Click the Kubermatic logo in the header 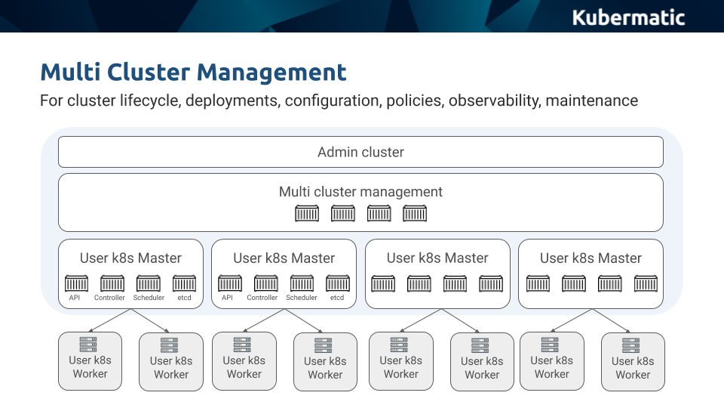628,17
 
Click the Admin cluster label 360,152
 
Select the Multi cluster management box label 360,192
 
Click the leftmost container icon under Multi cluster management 307,214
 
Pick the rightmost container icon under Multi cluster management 415,214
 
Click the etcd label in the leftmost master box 184,298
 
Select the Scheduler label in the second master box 302,298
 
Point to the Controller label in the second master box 262,298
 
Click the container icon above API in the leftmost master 76,283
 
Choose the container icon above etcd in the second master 337,283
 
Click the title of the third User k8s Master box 437,258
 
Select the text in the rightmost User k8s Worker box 633,368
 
